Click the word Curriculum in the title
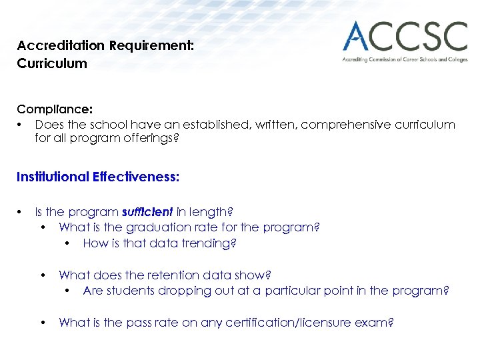pyautogui.click(x=52, y=64)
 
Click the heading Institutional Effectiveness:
pyautogui.click(x=98, y=177)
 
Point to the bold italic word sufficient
pyautogui.click(x=147, y=212)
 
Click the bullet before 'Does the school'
pyautogui.click(x=21, y=125)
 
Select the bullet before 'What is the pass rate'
pyautogui.click(x=43, y=323)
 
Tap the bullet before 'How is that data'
pyautogui.click(x=67, y=243)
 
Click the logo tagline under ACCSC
pyautogui.click(x=405, y=59)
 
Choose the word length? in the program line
pyautogui.click(x=211, y=212)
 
